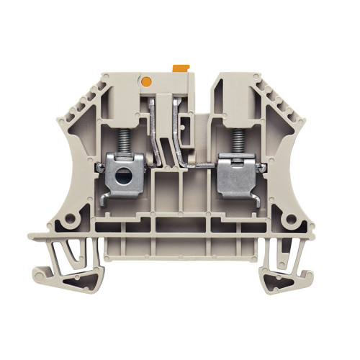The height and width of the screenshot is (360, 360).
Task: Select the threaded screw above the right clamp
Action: pyautogui.click(x=234, y=132)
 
